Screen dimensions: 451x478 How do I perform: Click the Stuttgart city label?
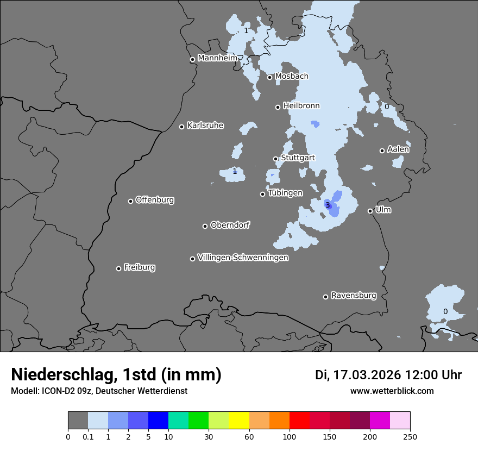[x=298, y=158]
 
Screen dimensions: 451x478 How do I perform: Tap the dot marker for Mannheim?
[x=192, y=60]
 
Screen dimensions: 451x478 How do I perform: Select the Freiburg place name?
[x=139, y=267]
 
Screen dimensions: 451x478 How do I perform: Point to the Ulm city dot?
[x=370, y=211]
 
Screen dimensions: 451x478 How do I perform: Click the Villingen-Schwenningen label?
[x=243, y=258]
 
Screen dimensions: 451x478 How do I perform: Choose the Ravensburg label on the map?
[x=354, y=296]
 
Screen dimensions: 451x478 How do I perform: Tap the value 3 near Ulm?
[x=328, y=205]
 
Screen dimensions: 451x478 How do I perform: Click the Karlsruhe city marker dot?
[x=182, y=127]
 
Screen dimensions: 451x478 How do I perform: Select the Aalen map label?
[x=398, y=149]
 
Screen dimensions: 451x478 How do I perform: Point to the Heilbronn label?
[x=301, y=106]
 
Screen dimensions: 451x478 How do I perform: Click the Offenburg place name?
[x=155, y=200]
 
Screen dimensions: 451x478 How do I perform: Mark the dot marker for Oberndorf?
[x=205, y=226]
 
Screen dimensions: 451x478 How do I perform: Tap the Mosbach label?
[x=292, y=77]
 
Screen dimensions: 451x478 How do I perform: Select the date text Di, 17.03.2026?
[x=358, y=375]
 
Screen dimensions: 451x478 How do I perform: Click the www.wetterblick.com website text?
[x=392, y=391]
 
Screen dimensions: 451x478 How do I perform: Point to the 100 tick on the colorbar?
[x=290, y=436]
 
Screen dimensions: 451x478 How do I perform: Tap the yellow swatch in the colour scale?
[x=239, y=421]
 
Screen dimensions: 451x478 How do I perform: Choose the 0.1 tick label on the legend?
[x=88, y=436]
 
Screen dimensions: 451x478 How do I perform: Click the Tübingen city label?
[x=285, y=193]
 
